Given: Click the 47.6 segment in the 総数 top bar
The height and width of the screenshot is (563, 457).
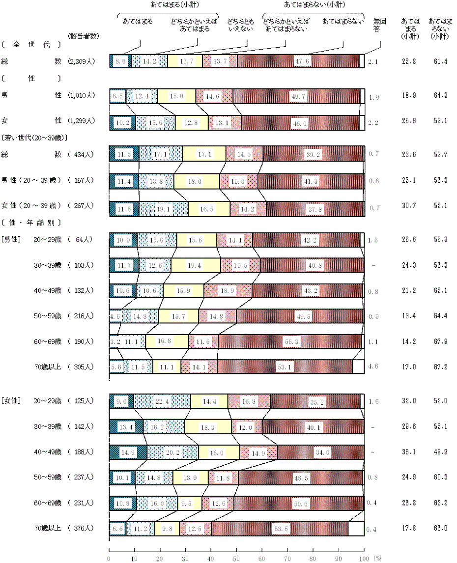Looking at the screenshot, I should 299,61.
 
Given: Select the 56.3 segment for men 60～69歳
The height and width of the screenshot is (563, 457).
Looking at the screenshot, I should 290,341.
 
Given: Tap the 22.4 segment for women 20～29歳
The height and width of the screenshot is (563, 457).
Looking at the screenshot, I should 163,401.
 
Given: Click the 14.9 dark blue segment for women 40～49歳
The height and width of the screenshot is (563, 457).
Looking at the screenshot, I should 128,451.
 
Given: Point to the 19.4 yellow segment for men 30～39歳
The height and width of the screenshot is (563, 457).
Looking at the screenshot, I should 196,265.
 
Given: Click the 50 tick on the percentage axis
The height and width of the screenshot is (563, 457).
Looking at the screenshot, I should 236,559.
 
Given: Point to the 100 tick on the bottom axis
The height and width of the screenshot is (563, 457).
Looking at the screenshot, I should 364,559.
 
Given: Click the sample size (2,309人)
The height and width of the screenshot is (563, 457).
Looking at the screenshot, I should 82,61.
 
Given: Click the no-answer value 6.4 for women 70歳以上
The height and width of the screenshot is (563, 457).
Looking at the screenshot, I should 372,529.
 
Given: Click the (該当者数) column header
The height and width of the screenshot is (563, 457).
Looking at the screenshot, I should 82,36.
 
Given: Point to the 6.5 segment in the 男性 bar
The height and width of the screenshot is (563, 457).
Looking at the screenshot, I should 117,96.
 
